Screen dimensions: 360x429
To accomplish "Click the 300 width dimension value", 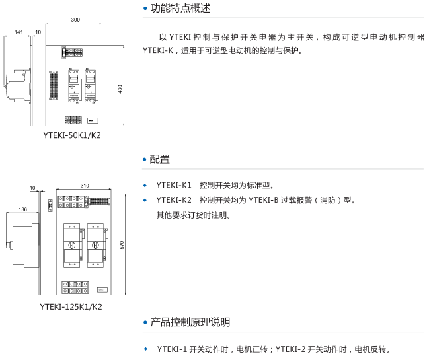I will pyautogui.click(x=75, y=20).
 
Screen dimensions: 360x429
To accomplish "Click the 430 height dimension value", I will pyautogui.click(x=120, y=89).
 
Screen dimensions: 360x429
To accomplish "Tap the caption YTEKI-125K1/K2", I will pyautogui.click(x=71, y=306).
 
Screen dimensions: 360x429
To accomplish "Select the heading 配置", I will pyautogui.click(x=160, y=159).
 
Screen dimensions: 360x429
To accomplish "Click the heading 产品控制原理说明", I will pyautogui.click(x=191, y=322).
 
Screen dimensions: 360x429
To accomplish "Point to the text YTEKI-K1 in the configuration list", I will pyautogui.click(x=174, y=185).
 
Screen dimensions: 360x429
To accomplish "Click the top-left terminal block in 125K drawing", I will pyautogui.click(x=69, y=198).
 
